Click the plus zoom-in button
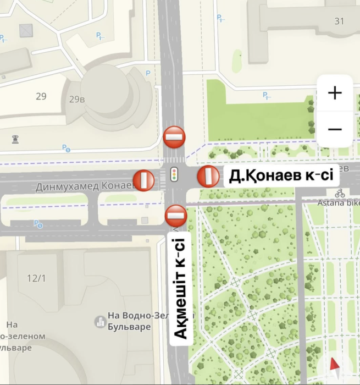point(335,93)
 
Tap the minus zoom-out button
point(335,130)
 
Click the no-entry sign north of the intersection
point(174,137)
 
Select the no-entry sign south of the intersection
point(176,215)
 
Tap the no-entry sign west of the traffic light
point(144,180)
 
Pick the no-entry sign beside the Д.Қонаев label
point(208,177)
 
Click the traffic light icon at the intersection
point(174,174)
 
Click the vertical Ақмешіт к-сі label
point(180,288)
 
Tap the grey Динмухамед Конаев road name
point(85,187)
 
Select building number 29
point(41,97)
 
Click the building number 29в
point(77,99)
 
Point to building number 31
point(339,21)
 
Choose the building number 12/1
point(36,278)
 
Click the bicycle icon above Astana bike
point(340,193)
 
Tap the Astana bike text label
point(338,203)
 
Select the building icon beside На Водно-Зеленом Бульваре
point(100,321)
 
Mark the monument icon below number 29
point(15,139)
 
